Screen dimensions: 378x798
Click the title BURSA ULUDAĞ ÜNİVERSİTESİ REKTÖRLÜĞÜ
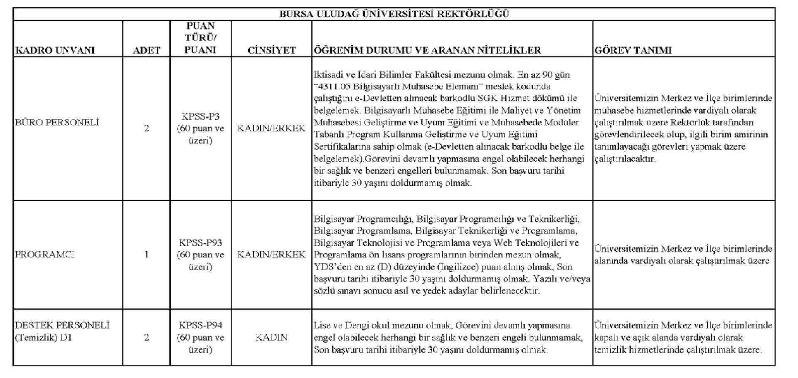pyautogui.click(x=394, y=14)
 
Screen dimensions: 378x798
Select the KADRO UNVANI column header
pyautogui.click(x=55, y=50)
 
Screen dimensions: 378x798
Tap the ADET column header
pyautogui.click(x=146, y=50)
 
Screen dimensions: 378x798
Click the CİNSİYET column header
pyautogui.click(x=271, y=50)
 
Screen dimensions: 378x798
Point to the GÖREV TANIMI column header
pyautogui.click(x=633, y=50)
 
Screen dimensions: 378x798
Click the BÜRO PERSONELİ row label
pyautogui.click(x=57, y=123)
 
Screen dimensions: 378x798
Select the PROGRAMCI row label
pyautogui.click(x=44, y=254)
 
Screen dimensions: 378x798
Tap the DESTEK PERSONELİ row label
pyautogui.click(x=62, y=325)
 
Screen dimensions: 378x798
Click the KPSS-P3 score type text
pyautogui.click(x=200, y=116)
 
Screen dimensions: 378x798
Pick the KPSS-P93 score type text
pyautogui.click(x=200, y=242)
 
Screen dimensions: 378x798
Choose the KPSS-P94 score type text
pyautogui.click(x=200, y=325)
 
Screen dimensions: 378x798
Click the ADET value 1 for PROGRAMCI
pyautogui.click(x=146, y=254)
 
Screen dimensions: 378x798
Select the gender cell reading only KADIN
pyautogui.click(x=271, y=337)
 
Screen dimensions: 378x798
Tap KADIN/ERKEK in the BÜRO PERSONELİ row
pyautogui.click(x=271, y=128)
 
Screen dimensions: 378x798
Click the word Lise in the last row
pyautogui.click(x=322, y=325)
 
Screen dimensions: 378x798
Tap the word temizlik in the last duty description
pyautogui.click(x=609, y=350)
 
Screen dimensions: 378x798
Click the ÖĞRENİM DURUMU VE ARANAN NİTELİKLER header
pyautogui.click(x=427, y=50)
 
